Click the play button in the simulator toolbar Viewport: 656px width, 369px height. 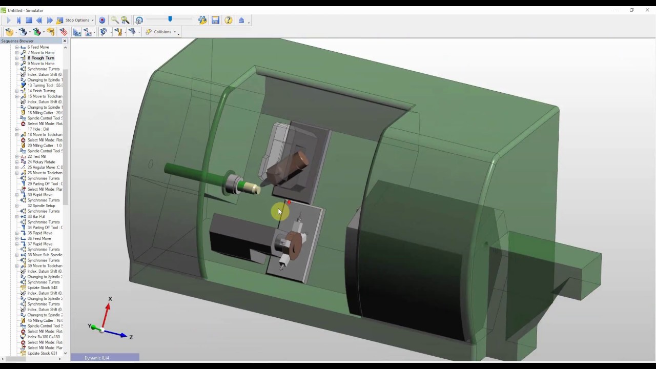[x=8, y=20]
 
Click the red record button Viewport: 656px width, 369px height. [x=102, y=20]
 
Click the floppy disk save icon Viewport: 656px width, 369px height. [x=215, y=20]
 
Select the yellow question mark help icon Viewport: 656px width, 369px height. [x=228, y=20]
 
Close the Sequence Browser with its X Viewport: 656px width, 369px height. [x=65, y=41]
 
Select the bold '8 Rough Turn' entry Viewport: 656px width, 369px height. [x=40, y=58]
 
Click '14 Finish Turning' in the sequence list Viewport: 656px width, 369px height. [x=41, y=91]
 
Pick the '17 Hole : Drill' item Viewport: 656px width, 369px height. [x=38, y=129]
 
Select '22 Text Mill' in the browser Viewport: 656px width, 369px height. [x=36, y=156]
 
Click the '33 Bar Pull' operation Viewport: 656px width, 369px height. [x=36, y=216]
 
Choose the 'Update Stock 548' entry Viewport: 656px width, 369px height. [x=42, y=288]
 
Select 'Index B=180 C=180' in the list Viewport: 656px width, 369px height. [x=44, y=337]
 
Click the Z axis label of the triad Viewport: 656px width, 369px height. [x=131, y=337]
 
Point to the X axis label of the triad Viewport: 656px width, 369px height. [x=110, y=299]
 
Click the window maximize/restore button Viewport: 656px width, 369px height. [x=631, y=10]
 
